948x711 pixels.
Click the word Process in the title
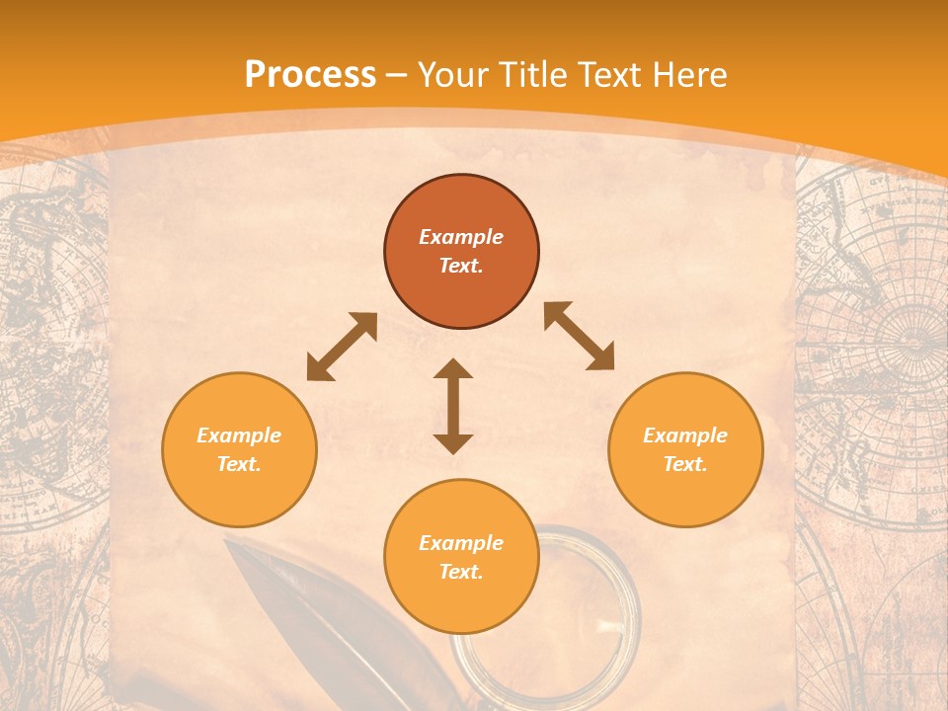click(310, 75)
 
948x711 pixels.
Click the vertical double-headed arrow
click(453, 406)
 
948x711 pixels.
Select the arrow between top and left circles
click(342, 347)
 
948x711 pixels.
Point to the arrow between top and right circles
click(579, 336)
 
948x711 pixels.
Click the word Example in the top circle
click(461, 237)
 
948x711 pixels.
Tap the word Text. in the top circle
click(461, 266)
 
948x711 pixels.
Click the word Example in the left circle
click(239, 435)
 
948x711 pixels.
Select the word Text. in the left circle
click(239, 464)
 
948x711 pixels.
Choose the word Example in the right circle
click(685, 435)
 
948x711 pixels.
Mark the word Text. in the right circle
click(685, 464)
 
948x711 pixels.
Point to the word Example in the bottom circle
click(461, 543)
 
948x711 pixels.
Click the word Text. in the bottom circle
click(461, 572)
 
